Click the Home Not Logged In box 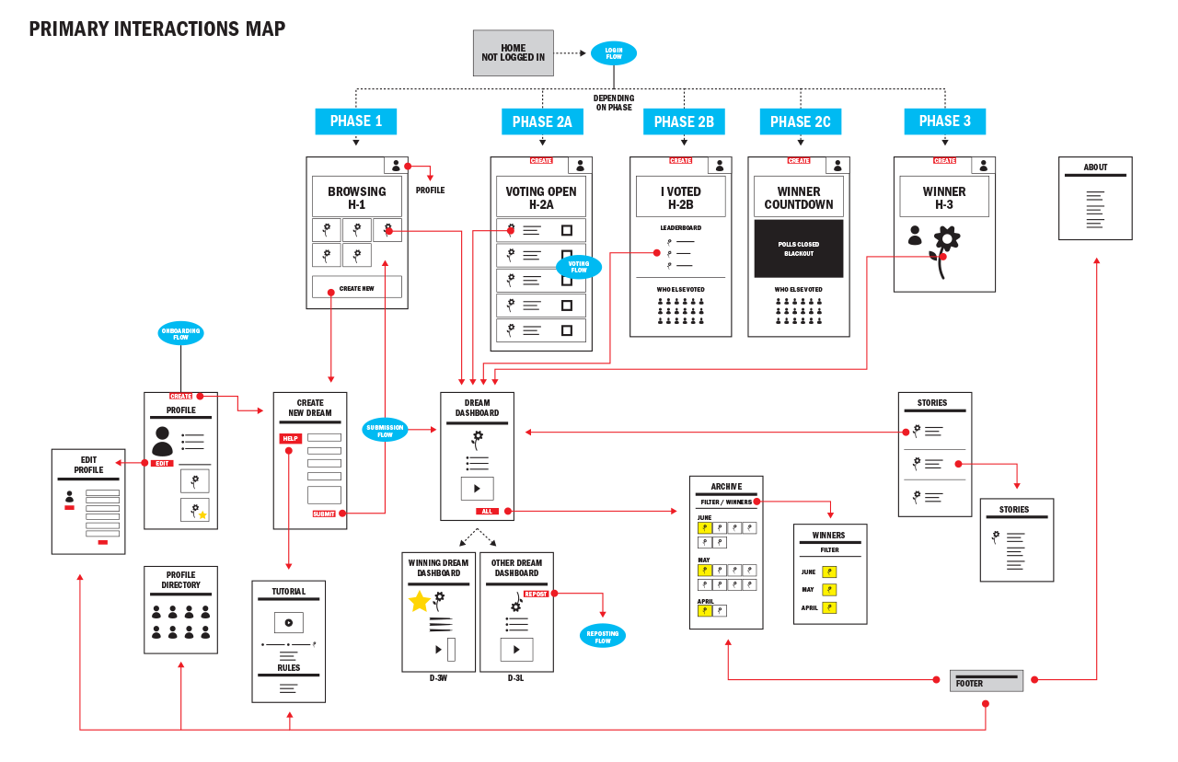513,53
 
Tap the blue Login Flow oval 613,53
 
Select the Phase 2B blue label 684,121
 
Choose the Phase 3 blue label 944,121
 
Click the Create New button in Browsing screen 356,288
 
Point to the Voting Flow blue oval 578,267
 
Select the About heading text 1095,167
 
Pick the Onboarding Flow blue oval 180,333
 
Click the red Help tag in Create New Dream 291,439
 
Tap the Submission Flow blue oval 385,430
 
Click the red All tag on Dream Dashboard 487,511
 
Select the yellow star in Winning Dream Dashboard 420,602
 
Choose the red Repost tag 536,595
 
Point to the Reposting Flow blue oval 603,636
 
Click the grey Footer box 986,681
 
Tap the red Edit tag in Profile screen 162,463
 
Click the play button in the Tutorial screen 288,622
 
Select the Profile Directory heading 180,580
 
